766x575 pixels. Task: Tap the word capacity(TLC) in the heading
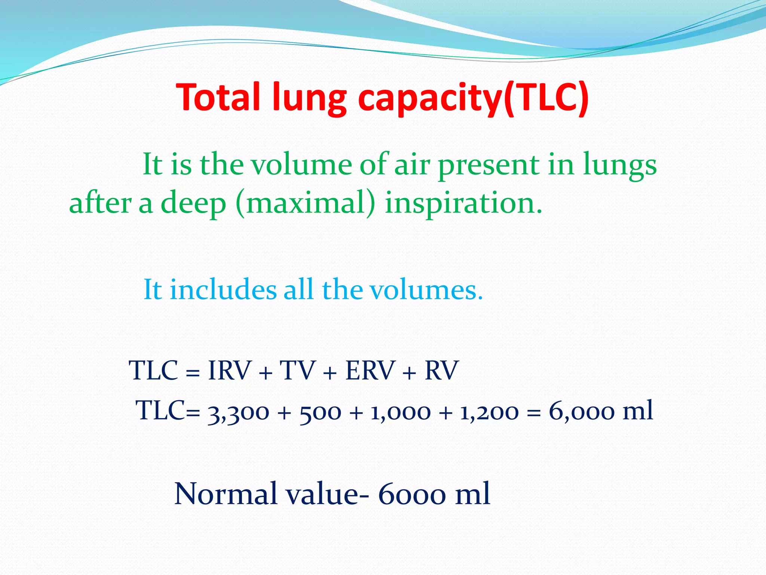(473, 98)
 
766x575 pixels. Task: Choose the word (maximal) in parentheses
(305, 204)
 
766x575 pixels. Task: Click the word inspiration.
(463, 204)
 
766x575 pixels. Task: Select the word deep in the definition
(193, 204)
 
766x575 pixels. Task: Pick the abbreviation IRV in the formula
(229, 371)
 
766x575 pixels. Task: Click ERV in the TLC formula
(370, 371)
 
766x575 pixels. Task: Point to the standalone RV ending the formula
(441, 371)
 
